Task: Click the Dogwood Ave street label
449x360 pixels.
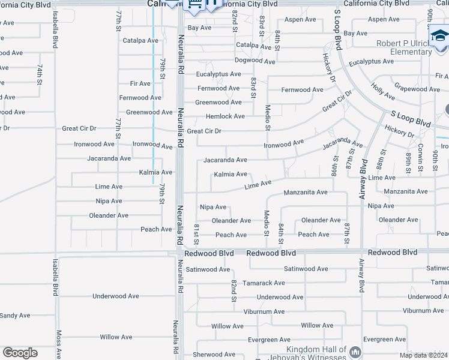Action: pyautogui.click(x=255, y=61)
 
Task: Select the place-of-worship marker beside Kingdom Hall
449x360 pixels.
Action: pyautogui.click(x=355, y=352)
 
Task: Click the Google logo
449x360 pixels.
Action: pyautogui.click(x=20, y=353)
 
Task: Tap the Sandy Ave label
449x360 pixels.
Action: pyautogui.click(x=14, y=316)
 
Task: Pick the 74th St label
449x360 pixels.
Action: pyautogui.click(x=40, y=75)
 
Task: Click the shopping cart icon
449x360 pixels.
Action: pyautogui.click(x=194, y=5)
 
